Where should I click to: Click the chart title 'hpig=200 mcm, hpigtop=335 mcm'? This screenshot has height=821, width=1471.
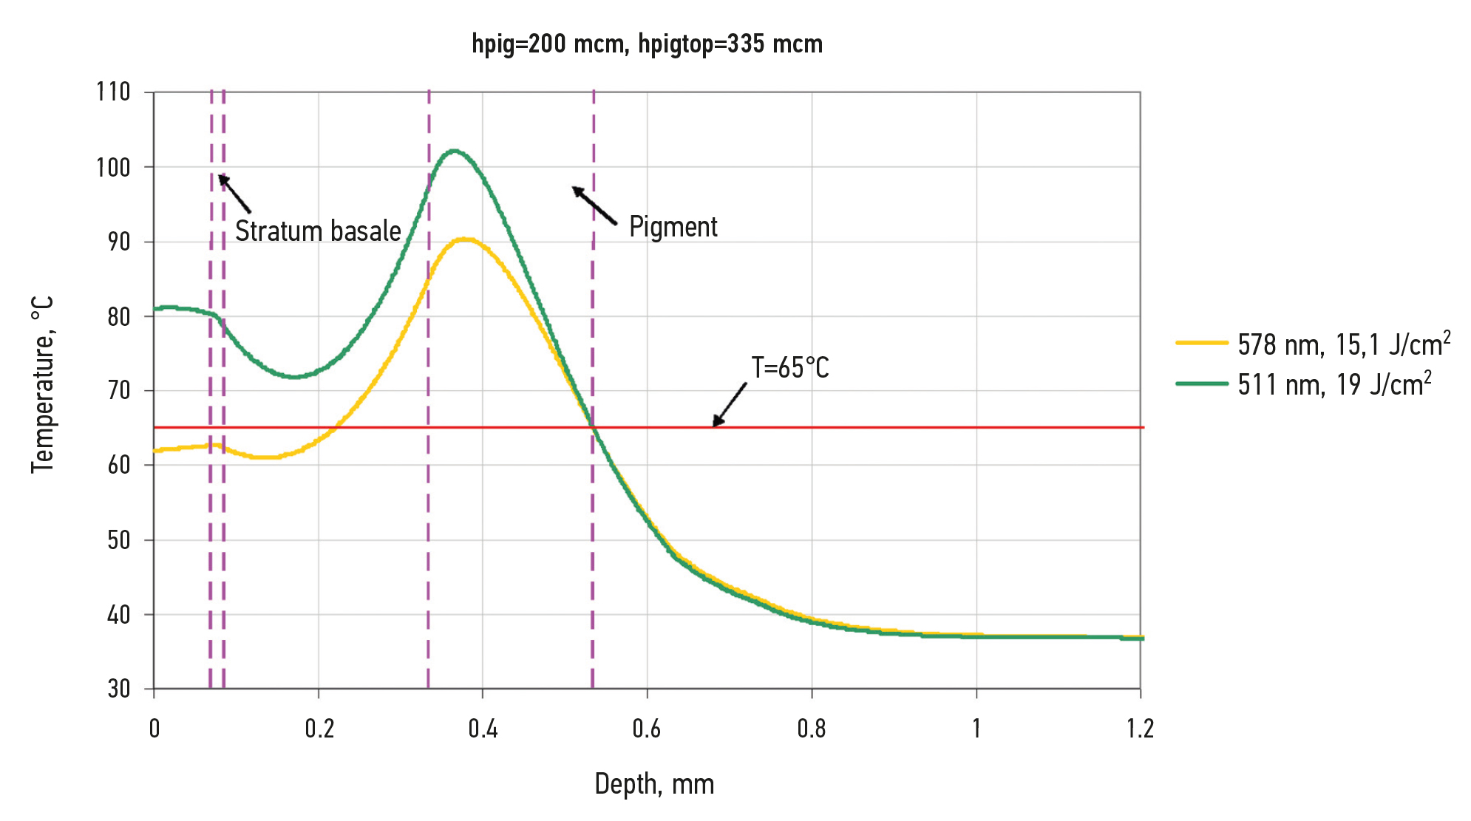click(x=647, y=44)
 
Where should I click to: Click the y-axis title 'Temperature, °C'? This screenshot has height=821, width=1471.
click(x=43, y=385)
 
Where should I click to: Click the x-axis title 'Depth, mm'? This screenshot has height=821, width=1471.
click(x=654, y=784)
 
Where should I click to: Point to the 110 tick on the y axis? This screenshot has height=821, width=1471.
click(x=113, y=92)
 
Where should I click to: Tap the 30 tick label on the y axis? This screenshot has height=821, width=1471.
click(x=118, y=689)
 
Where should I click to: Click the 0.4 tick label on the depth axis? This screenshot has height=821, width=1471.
click(x=483, y=729)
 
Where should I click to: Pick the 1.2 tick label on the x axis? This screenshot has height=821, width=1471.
click(x=1140, y=729)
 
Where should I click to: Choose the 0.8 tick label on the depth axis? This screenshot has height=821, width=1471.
click(x=812, y=729)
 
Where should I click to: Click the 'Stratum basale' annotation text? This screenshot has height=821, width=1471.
click(x=318, y=231)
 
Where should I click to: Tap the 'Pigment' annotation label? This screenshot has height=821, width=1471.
click(x=673, y=227)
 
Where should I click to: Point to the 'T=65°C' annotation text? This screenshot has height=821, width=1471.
click(x=790, y=368)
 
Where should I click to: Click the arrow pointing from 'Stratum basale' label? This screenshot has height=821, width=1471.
click(x=234, y=194)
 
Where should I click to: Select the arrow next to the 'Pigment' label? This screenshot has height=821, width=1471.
click(x=594, y=205)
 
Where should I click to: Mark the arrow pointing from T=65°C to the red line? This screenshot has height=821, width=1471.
click(x=729, y=405)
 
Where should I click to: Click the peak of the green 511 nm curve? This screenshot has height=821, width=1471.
click(x=454, y=151)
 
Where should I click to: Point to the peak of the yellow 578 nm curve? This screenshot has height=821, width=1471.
click(x=465, y=239)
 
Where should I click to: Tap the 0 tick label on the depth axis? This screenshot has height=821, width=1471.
click(x=154, y=729)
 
